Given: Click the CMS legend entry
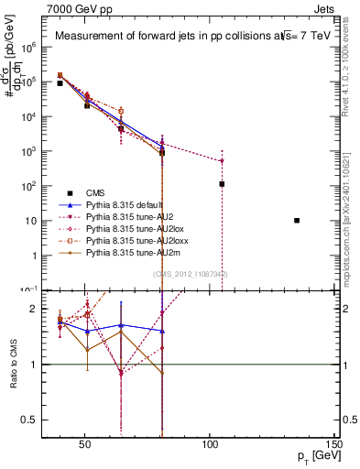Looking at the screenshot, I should pyautogui.click(x=95, y=192).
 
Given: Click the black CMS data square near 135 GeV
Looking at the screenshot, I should pyautogui.click(x=296, y=221).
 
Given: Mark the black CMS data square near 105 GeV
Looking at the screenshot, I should pyautogui.click(x=222, y=184).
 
